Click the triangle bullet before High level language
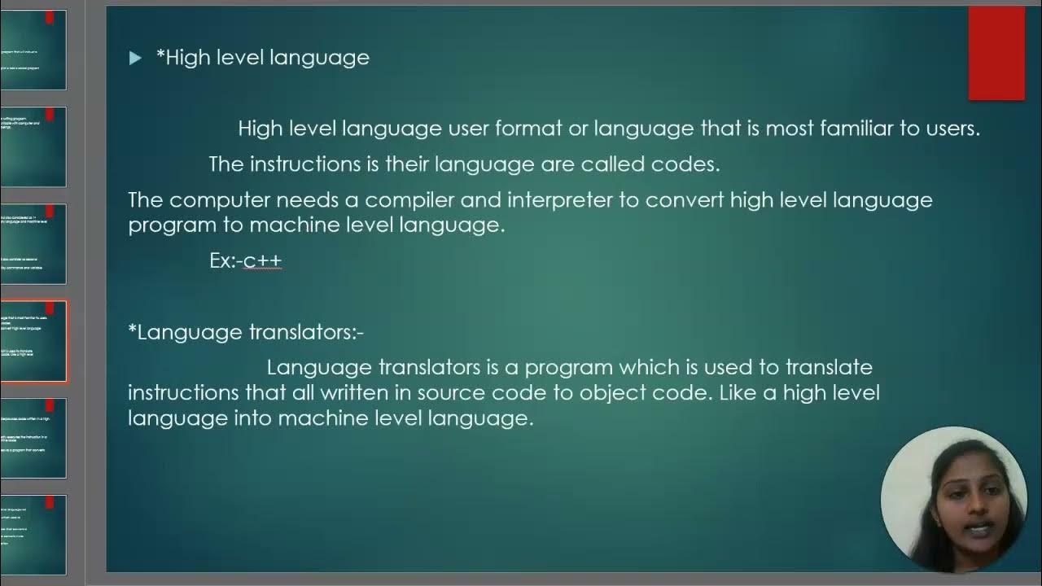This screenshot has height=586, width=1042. click(135, 58)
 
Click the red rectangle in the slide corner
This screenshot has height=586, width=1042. click(996, 54)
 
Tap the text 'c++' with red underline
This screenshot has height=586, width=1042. click(262, 261)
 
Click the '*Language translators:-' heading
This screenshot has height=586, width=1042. click(246, 332)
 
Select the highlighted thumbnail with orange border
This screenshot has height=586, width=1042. click(33, 341)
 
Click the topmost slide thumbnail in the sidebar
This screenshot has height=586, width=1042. click(33, 50)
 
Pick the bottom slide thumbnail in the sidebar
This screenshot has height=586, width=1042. click(33, 535)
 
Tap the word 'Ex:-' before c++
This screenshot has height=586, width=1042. click(225, 261)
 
